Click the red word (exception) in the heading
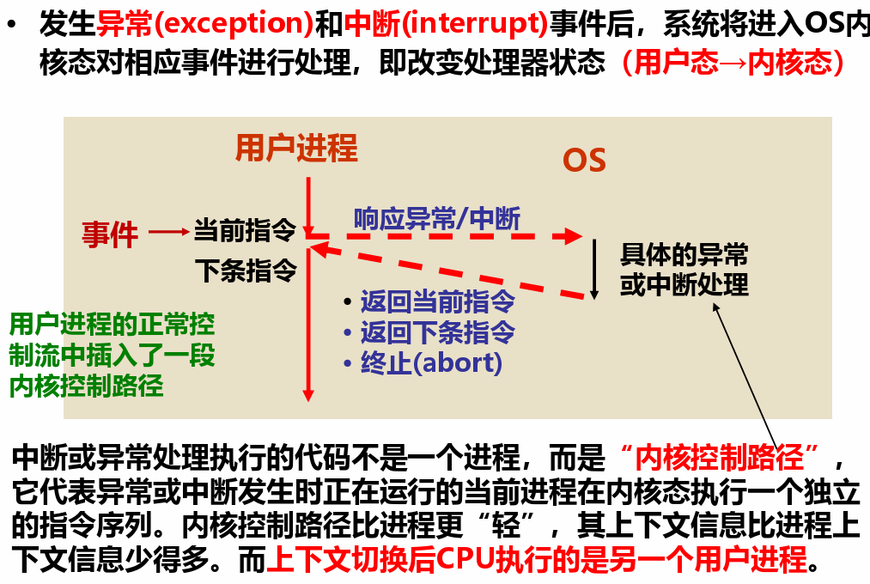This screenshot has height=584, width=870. [x=234, y=23]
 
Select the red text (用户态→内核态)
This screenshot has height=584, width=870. [x=733, y=62]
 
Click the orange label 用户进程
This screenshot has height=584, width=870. [x=297, y=148]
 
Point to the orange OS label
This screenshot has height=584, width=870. [x=584, y=161]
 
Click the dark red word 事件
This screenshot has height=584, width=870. [x=110, y=234]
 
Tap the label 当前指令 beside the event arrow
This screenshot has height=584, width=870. [x=245, y=230]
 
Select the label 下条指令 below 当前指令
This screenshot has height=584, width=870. [x=246, y=271]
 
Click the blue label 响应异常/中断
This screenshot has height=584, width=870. [x=437, y=218]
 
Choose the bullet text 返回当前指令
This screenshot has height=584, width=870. [x=438, y=301]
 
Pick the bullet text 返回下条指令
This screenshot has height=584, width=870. [x=438, y=332]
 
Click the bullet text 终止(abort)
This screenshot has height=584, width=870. [x=432, y=363]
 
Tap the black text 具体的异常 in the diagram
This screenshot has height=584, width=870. [x=684, y=254]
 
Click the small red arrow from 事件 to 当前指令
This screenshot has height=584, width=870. [x=169, y=232]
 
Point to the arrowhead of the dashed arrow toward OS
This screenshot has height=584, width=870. [x=574, y=236]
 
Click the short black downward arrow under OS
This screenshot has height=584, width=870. [x=594, y=270]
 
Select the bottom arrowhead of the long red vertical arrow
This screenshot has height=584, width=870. [x=308, y=395]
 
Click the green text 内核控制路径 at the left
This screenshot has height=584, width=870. [x=87, y=386]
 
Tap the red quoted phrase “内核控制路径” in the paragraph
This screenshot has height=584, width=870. [x=719, y=458]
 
